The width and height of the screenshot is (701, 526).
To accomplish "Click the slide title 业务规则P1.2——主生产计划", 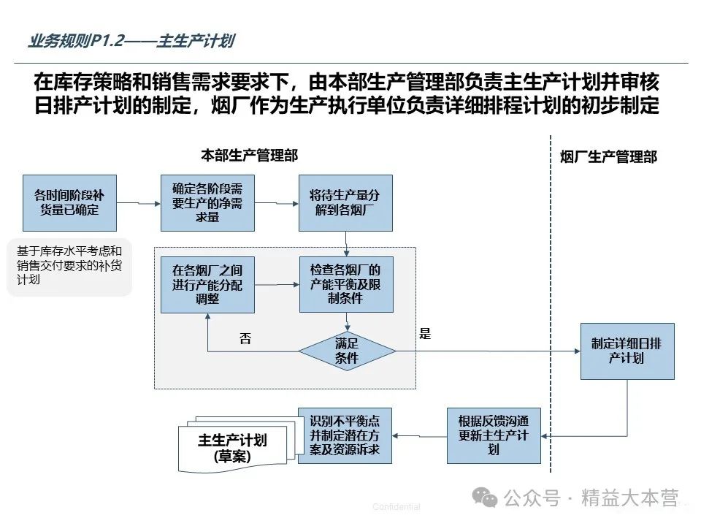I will click(x=131, y=41).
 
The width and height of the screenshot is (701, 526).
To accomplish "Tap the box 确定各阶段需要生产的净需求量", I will click(x=207, y=202).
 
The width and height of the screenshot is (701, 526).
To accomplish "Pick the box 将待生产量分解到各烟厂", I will click(x=345, y=202).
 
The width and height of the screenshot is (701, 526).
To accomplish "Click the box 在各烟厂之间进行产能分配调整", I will click(x=207, y=284).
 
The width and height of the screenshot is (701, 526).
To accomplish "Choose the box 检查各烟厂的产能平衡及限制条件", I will click(x=345, y=284).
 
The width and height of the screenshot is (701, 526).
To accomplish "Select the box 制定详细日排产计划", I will click(x=627, y=351).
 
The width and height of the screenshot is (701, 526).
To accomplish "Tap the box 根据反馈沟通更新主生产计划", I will click(x=494, y=435).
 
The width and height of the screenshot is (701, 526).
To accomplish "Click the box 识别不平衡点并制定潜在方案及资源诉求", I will click(x=345, y=435).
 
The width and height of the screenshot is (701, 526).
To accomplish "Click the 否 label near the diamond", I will click(x=245, y=338).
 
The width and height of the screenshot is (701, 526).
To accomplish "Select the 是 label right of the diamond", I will click(x=426, y=334).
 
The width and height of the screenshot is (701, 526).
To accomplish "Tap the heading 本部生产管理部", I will click(x=249, y=156).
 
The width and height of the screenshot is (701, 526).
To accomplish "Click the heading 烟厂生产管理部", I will click(x=608, y=157).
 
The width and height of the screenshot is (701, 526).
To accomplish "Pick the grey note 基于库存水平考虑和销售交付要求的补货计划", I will click(x=69, y=267).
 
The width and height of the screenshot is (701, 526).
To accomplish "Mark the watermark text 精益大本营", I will click(x=629, y=499).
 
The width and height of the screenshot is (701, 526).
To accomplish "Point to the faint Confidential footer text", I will click(x=396, y=507).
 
